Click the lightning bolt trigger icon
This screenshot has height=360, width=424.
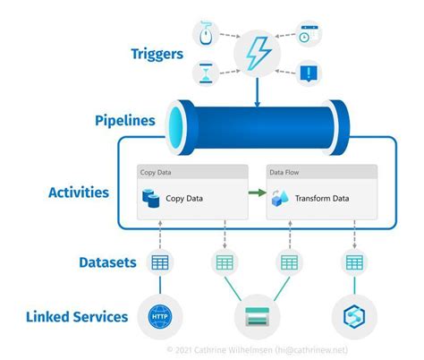[x=256, y=52]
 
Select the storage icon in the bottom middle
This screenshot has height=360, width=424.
[x=256, y=316]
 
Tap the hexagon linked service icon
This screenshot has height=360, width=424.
[x=354, y=316]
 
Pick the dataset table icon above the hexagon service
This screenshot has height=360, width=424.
[x=354, y=262]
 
